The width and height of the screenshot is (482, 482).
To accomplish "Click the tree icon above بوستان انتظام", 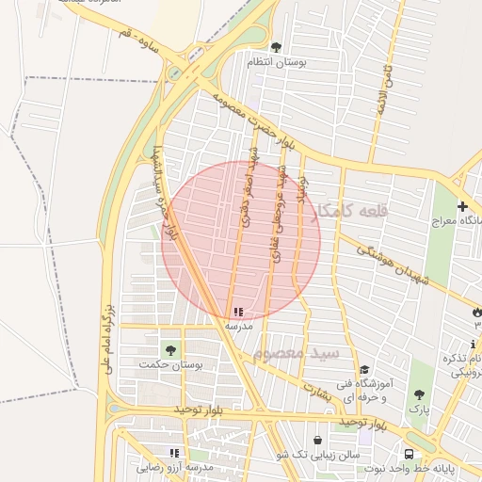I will pos(275,47).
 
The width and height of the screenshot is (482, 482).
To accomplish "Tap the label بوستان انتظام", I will pos(274,62).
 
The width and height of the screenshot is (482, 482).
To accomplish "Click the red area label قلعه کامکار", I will pos(349,213).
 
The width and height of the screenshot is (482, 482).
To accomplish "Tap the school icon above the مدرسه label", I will pos(237,311).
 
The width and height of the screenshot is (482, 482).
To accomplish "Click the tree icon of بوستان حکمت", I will pos(170,350).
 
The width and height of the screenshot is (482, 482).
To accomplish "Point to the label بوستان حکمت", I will pos(158,364).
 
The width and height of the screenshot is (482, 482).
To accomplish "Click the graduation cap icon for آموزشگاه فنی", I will pos(364,370).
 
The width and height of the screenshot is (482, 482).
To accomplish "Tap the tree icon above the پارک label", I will pos(419,395).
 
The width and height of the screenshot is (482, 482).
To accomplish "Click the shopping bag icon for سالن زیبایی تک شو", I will pos(316,440).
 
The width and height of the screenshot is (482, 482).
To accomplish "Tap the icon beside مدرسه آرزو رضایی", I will pos(174,453).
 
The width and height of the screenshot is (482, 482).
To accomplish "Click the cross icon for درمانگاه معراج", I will pos(462,206).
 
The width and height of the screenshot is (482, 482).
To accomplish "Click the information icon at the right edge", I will pos(473,345).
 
